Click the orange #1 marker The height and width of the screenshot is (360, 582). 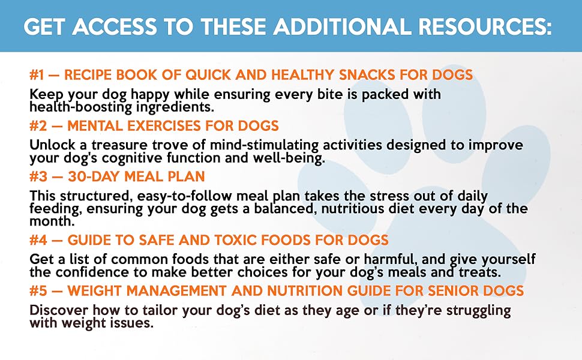click(x=38, y=75)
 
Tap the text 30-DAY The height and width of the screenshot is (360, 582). click(x=93, y=176)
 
